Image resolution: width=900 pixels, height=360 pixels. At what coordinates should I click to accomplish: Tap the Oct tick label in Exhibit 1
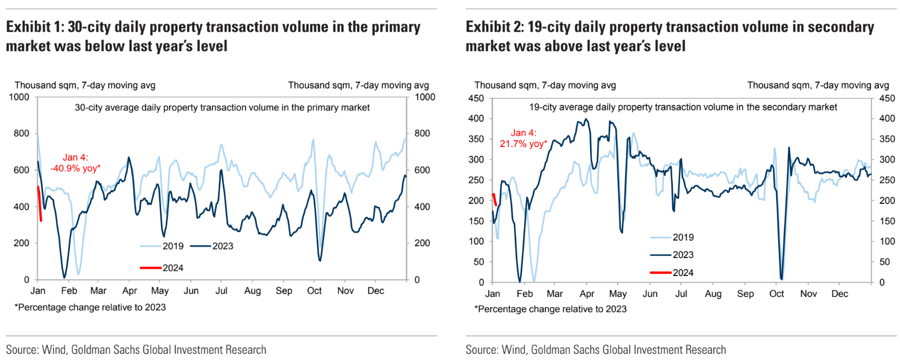tap(314, 291)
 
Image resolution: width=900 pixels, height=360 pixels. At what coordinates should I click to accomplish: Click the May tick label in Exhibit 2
tap(618, 294)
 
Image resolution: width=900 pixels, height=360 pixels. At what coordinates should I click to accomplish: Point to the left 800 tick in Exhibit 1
tap(21, 134)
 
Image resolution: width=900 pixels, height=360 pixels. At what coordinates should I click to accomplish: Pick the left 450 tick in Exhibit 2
tap(476, 98)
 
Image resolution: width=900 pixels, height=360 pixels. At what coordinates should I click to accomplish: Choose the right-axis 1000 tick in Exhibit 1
tap(425, 97)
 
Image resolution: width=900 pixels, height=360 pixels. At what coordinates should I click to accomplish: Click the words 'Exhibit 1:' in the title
tap(34, 27)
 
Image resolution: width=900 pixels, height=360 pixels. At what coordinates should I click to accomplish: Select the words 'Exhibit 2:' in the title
tap(494, 27)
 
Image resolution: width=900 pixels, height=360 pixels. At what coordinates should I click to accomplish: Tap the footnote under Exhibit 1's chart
tap(90, 307)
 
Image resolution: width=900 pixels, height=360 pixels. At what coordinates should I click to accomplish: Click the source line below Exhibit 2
tap(596, 350)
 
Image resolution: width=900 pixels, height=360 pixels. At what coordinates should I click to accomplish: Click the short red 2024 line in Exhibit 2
tap(494, 199)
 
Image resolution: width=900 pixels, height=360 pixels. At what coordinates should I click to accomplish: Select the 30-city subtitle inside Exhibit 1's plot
tap(222, 108)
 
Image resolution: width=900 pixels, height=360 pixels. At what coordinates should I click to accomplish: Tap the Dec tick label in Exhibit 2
tap(839, 294)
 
